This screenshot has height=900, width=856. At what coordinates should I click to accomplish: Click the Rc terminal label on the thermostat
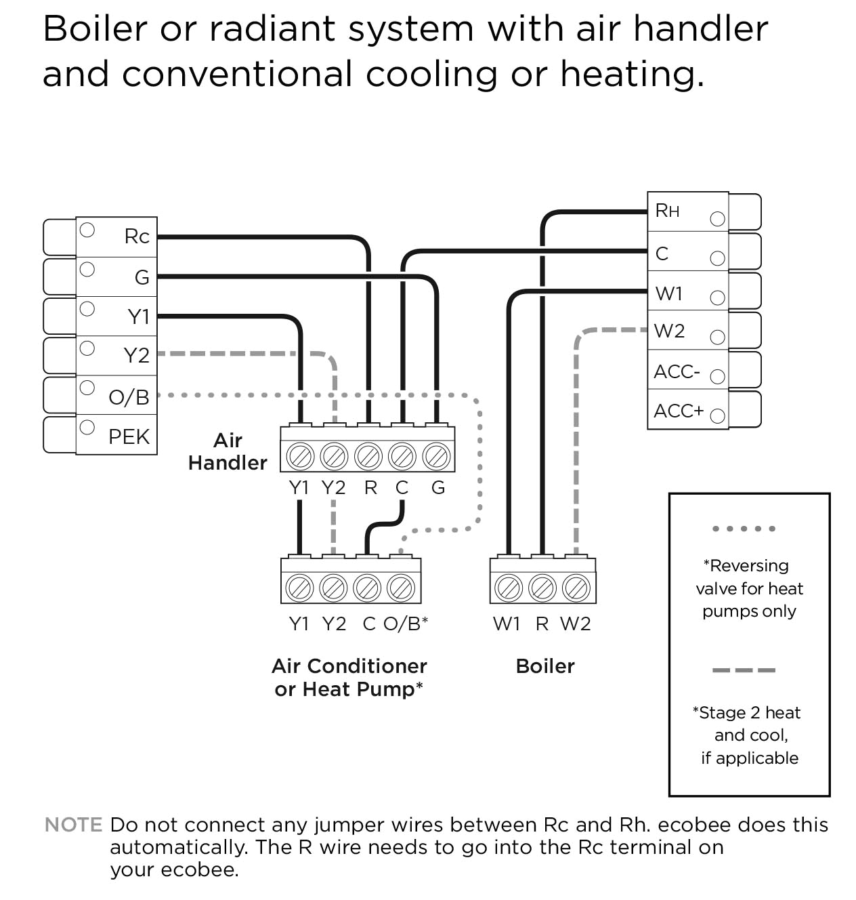pyautogui.click(x=137, y=237)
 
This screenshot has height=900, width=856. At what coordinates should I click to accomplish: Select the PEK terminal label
pyautogui.click(x=129, y=436)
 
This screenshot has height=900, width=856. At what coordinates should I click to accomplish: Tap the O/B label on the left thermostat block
pyautogui.click(x=129, y=397)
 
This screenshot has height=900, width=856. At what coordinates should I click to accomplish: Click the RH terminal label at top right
pyautogui.click(x=667, y=211)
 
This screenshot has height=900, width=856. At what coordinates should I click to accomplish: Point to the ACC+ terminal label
pyautogui.click(x=679, y=411)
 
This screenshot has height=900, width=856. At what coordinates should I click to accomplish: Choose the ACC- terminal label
pyautogui.click(x=677, y=371)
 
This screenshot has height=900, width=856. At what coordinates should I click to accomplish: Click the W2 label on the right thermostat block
pyautogui.click(x=669, y=331)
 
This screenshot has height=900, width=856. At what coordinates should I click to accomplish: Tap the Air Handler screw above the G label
pyautogui.click(x=437, y=456)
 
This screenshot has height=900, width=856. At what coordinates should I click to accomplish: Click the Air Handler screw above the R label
pyautogui.click(x=368, y=456)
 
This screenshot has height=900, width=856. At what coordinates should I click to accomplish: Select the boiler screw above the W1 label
pyautogui.click(x=508, y=588)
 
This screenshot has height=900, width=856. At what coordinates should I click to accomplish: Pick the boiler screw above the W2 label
pyautogui.click(x=576, y=588)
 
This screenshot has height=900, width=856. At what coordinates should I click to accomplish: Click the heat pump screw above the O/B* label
pyautogui.click(x=401, y=588)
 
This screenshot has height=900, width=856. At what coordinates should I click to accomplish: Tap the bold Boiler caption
pyautogui.click(x=545, y=666)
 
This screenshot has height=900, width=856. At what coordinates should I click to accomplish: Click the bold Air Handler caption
pyautogui.click(x=228, y=451)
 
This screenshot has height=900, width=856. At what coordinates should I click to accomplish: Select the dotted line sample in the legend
pyautogui.click(x=744, y=529)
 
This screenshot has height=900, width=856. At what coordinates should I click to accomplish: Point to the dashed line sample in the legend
pyautogui.click(x=744, y=670)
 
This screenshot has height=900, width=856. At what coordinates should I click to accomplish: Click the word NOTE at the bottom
pyautogui.click(x=73, y=825)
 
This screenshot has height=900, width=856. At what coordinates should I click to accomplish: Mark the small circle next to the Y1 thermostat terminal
pyautogui.click(x=87, y=309)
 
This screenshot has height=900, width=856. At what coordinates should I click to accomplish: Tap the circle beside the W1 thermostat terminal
pyautogui.click(x=717, y=298)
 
